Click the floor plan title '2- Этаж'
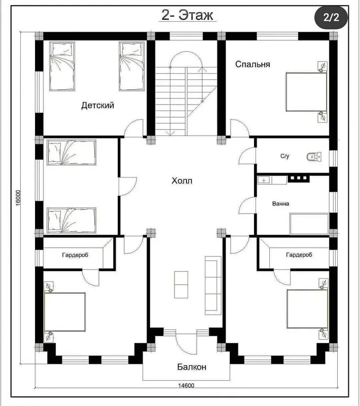click(187, 15)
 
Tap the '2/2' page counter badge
click(331, 18)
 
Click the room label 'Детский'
click(97, 106)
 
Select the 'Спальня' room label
click(253, 64)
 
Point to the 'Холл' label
click(182, 181)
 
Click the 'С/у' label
click(285, 156)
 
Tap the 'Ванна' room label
click(280, 204)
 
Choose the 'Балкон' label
click(192, 367)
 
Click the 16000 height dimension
click(18, 198)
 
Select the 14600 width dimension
click(186, 386)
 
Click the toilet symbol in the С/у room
click(314, 156)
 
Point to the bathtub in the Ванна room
click(309, 224)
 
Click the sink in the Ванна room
click(264, 180)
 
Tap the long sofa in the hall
click(213, 286)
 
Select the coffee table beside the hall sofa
click(181, 285)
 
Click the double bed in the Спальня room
click(306, 92)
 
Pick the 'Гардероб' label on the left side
click(75, 255)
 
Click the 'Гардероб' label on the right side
click(299, 255)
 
